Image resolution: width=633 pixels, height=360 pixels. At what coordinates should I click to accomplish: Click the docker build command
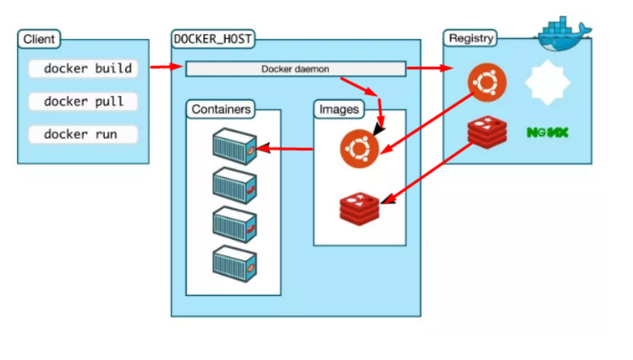83,69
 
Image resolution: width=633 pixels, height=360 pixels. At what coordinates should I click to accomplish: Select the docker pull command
83,102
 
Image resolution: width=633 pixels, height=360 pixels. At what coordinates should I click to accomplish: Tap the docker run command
83,134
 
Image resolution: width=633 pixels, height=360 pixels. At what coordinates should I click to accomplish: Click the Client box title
39,39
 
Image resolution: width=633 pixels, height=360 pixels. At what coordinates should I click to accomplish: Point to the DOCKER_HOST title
213,38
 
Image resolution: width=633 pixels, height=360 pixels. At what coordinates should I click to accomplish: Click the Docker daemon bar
295,69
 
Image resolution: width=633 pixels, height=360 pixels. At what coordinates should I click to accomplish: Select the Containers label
222,109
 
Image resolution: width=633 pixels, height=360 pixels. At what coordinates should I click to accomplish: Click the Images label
338,109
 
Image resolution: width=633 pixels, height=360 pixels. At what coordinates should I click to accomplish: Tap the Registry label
471,38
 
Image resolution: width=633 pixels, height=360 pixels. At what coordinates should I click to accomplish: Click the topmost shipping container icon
234,144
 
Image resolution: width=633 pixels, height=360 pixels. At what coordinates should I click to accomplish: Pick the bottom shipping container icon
234,262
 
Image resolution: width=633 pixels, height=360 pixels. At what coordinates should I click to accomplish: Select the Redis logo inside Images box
359,206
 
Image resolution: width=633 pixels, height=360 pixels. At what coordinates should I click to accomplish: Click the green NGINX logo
547,133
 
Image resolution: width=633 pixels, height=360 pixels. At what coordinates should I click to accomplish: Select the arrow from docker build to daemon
166,67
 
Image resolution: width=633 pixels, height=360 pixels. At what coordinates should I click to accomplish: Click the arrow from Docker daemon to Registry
425,69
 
